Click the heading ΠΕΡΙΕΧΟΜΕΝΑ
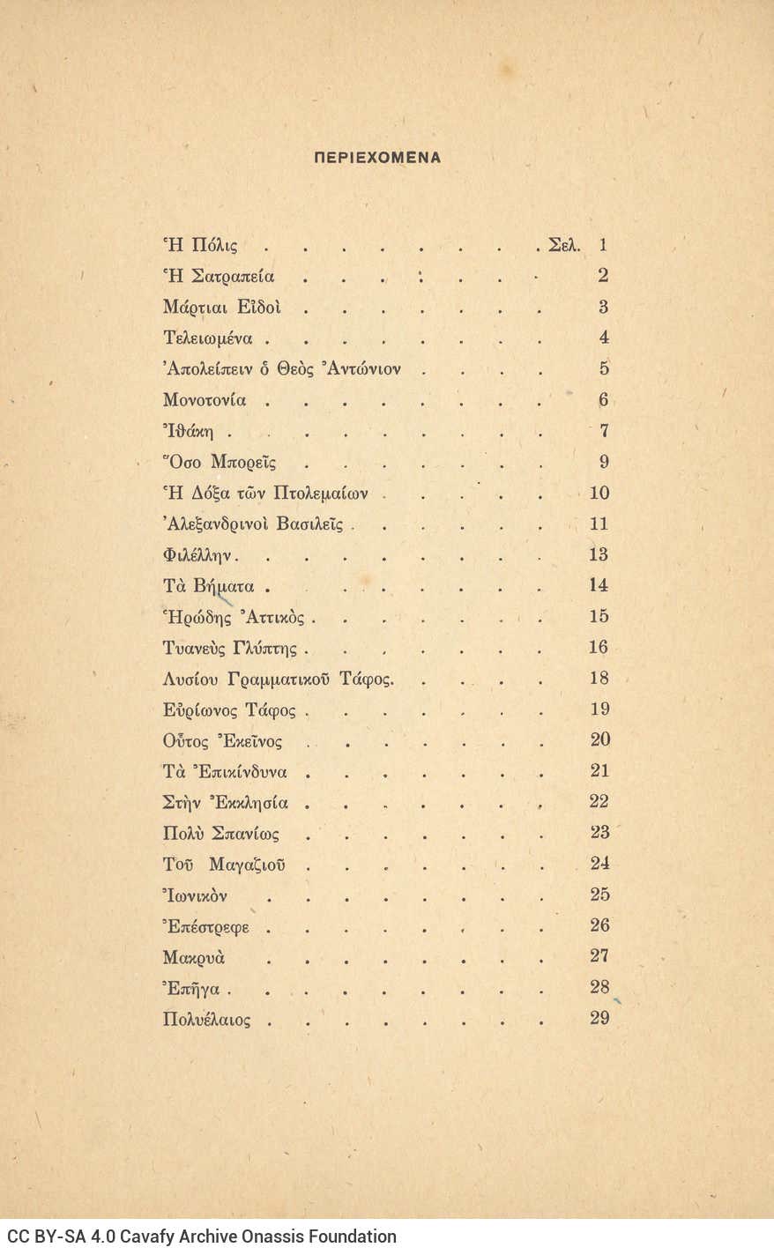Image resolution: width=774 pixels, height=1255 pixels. [377, 158]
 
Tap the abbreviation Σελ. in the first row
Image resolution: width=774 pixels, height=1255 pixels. [563, 245]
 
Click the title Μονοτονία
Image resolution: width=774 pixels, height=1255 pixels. [205, 400]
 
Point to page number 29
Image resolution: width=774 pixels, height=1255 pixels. [599, 1019]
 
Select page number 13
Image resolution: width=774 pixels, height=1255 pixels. [599, 554]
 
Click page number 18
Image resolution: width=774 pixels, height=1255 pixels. [599, 679]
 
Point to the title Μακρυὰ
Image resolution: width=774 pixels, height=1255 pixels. [194, 957]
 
